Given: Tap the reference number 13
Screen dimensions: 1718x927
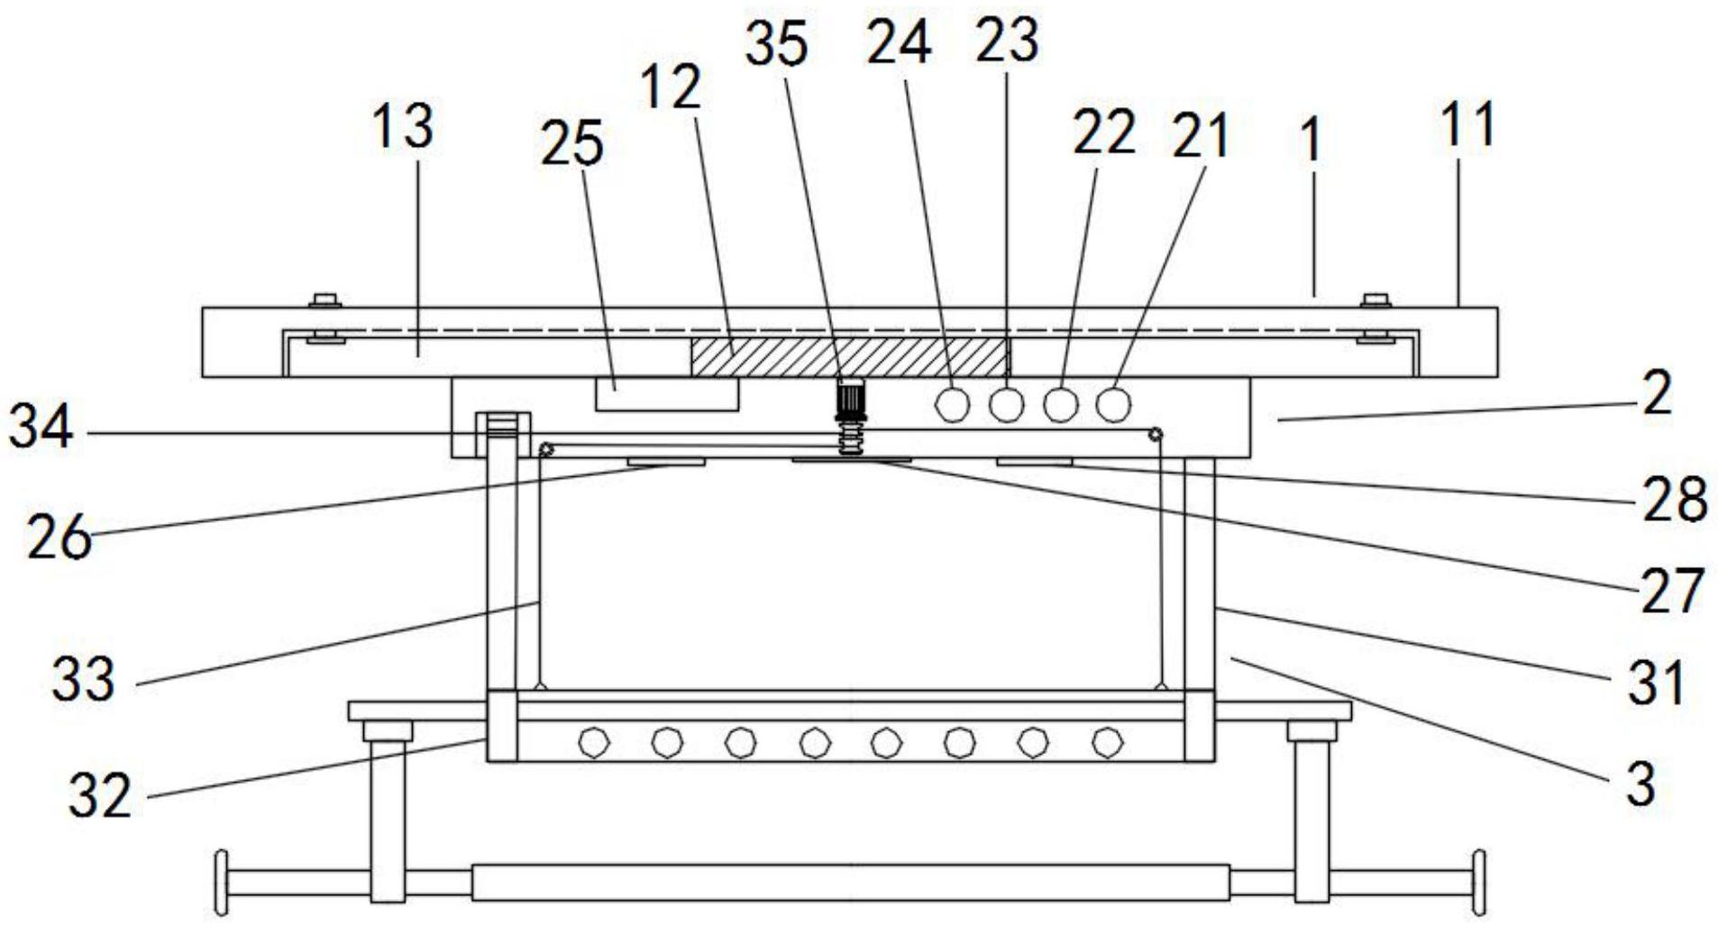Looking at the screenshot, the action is [x=403, y=126].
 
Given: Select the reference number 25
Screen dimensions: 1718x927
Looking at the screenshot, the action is [x=571, y=144].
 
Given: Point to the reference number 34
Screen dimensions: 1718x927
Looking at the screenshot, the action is [x=41, y=428].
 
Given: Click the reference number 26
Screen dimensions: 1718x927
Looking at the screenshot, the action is [x=59, y=538].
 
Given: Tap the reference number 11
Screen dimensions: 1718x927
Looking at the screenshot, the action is [x=1468, y=125].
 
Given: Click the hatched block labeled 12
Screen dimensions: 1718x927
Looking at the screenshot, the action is [x=849, y=357].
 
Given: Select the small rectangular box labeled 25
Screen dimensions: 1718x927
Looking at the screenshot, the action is [x=666, y=394].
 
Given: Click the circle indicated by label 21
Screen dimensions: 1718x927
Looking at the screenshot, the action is [x=1114, y=404].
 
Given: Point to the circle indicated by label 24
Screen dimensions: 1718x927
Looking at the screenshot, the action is [x=952, y=404].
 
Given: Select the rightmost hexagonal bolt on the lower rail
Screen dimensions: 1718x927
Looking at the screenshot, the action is [x=1106, y=743].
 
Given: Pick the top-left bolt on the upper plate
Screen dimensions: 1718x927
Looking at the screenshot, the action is [x=324, y=300].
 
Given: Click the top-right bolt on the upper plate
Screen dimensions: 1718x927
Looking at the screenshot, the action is [x=1375, y=300].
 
